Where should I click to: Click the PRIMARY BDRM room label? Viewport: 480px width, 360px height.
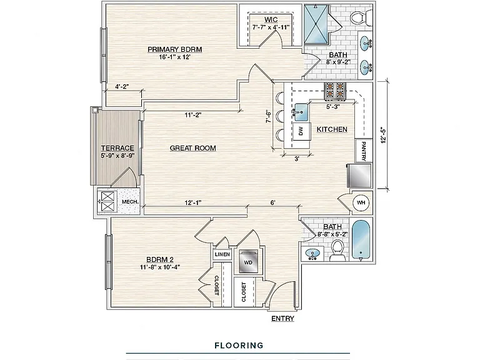175,49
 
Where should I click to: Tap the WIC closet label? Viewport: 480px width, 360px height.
271,19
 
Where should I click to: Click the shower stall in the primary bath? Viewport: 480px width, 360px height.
316,24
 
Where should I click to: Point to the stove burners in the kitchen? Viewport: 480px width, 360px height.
335,91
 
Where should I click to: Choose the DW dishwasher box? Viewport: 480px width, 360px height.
301,131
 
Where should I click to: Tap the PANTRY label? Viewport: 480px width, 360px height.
363,151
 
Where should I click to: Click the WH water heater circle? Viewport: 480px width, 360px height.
361,202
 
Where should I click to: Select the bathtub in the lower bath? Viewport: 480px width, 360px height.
361,239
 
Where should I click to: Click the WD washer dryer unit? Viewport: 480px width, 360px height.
248,262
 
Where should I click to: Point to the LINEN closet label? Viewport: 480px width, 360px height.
222,254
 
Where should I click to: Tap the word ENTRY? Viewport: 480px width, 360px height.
282,319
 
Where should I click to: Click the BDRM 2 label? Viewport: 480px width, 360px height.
160,259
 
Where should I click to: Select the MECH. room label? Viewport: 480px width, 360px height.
130,202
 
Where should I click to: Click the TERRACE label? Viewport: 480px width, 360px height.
117,148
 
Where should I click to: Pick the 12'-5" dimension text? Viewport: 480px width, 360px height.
384,135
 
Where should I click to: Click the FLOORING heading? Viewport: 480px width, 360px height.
239,346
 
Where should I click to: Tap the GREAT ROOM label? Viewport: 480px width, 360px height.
193,148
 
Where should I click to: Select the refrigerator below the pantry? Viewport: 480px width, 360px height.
359,176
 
